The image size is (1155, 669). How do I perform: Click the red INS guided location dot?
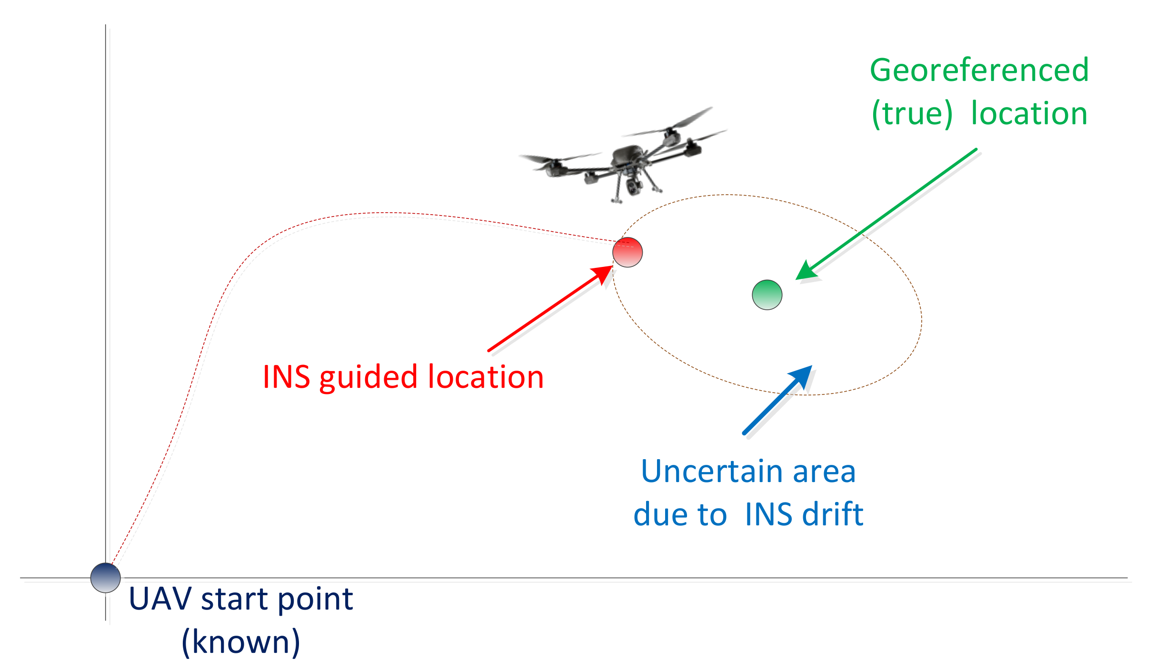(627, 252)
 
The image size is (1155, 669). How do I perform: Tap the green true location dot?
(767, 295)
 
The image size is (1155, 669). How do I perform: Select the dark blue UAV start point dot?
(105, 578)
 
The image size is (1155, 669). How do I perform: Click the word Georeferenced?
(979, 70)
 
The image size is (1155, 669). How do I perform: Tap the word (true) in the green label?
(912, 114)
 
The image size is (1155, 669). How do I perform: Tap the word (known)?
(241, 642)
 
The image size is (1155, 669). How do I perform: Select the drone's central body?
(628, 156)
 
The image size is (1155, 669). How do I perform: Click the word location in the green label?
(1029, 114)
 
